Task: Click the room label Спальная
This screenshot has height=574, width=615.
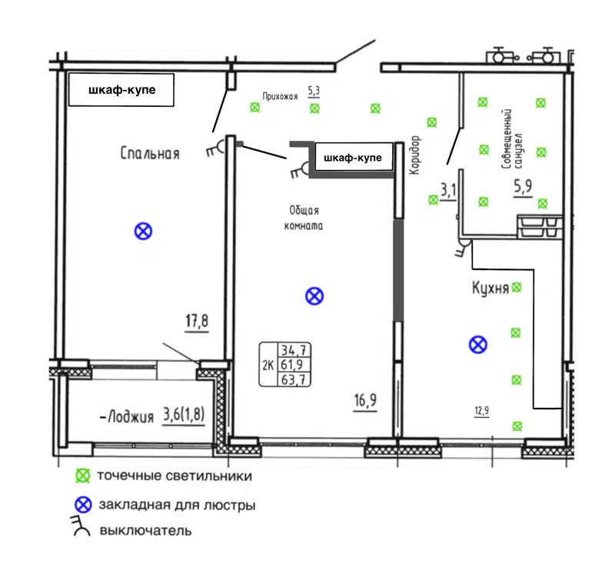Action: tap(150, 154)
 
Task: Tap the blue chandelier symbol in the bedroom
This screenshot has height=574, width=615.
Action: tap(142, 230)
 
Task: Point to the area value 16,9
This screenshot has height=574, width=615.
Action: tap(365, 400)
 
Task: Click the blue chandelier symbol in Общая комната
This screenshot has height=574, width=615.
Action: tap(314, 295)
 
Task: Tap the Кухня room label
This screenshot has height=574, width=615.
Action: tap(490, 289)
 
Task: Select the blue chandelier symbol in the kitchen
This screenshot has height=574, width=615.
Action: tap(478, 345)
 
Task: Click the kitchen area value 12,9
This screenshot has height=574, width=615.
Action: tap(480, 410)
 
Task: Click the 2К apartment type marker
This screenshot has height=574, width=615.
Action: tap(268, 365)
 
